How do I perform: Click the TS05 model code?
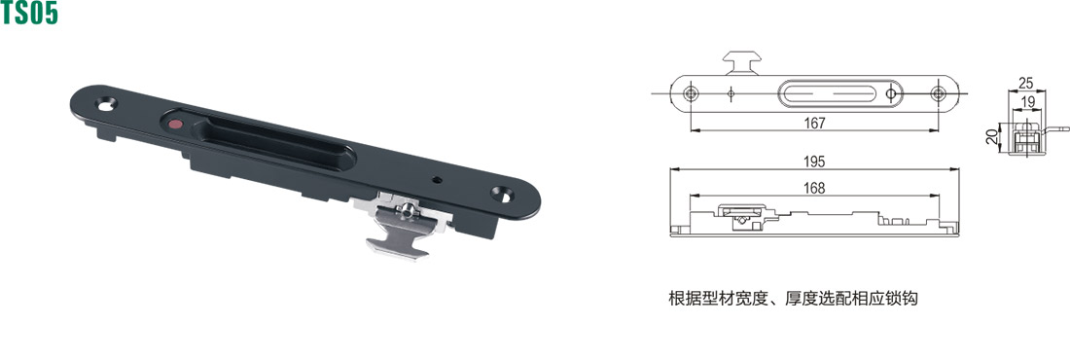(x=29, y=13)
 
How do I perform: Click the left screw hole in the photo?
(x=106, y=104)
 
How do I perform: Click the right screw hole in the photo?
(x=502, y=194)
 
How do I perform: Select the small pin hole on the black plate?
(x=438, y=180)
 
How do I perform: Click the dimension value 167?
(x=815, y=123)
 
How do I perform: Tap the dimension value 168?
(x=815, y=188)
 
